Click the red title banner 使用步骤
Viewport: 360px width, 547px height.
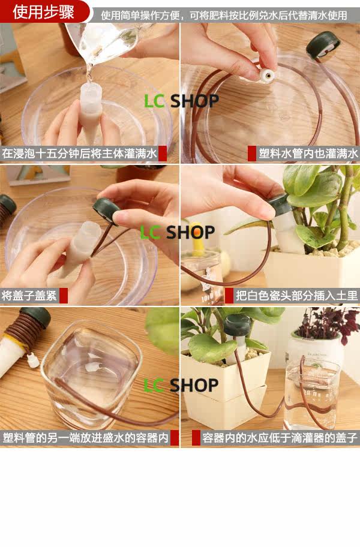pos(44,11)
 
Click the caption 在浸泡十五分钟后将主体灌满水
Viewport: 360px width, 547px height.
pos(80,154)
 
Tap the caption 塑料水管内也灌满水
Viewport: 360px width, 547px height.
pos(308,154)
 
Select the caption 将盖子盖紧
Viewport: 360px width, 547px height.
pos(29,296)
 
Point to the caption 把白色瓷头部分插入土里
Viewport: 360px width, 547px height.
pos(296,296)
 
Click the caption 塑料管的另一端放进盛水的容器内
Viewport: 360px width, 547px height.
pos(85,438)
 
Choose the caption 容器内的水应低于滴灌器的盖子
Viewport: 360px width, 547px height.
pos(280,438)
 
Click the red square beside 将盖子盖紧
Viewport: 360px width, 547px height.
pos(64,296)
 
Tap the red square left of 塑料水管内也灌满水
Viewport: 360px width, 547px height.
pos(252,154)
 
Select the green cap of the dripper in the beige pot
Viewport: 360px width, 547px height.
pos(237,324)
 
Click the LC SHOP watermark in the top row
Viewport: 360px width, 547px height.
pos(181,101)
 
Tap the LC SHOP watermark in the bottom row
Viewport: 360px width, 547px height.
pos(181,385)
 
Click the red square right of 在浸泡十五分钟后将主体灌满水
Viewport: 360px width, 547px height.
pos(163,154)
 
